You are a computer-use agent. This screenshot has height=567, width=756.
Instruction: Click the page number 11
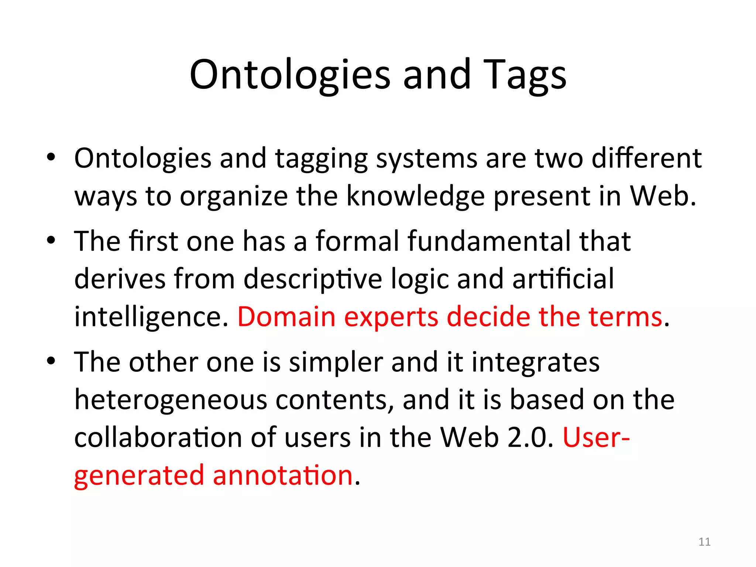click(704, 542)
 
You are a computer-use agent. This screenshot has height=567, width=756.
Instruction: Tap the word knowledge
click(415, 196)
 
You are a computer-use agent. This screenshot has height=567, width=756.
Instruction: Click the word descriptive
click(313, 279)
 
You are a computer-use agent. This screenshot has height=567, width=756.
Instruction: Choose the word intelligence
click(151, 317)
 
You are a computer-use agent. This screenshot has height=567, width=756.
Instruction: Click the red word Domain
click(286, 317)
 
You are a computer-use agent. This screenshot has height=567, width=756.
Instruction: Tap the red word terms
click(625, 317)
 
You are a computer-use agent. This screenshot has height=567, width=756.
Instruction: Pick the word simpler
click(336, 362)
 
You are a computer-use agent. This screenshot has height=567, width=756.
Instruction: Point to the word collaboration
click(158, 438)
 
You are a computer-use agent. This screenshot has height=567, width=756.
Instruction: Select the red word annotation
click(283, 475)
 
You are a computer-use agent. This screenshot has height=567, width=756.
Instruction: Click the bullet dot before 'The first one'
click(51, 241)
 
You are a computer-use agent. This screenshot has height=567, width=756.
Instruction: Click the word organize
click(234, 197)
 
